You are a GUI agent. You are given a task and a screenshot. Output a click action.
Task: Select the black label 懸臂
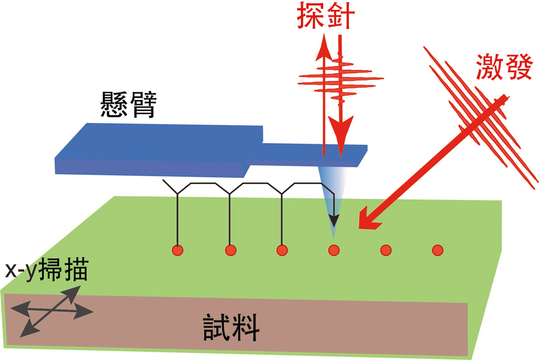(x=127, y=104)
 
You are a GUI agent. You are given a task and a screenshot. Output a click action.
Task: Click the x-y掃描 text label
(x=46, y=272)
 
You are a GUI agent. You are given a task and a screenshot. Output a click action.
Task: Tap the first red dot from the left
(x=177, y=250)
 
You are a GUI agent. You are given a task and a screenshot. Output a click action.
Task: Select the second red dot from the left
(x=230, y=250)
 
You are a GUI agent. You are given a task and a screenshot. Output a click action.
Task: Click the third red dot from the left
(x=282, y=250)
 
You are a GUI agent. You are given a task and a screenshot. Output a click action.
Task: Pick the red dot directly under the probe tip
(x=334, y=250)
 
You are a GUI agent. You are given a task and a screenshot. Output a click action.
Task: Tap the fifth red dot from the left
(x=386, y=250)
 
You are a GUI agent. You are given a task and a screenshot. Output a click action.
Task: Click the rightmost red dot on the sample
(x=437, y=250)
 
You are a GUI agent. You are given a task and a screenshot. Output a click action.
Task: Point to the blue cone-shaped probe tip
(x=331, y=191)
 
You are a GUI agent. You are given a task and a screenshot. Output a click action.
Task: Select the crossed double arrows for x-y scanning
(x=51, y=312)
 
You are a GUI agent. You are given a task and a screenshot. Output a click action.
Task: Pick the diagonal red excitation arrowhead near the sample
(x=367, y=222)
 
